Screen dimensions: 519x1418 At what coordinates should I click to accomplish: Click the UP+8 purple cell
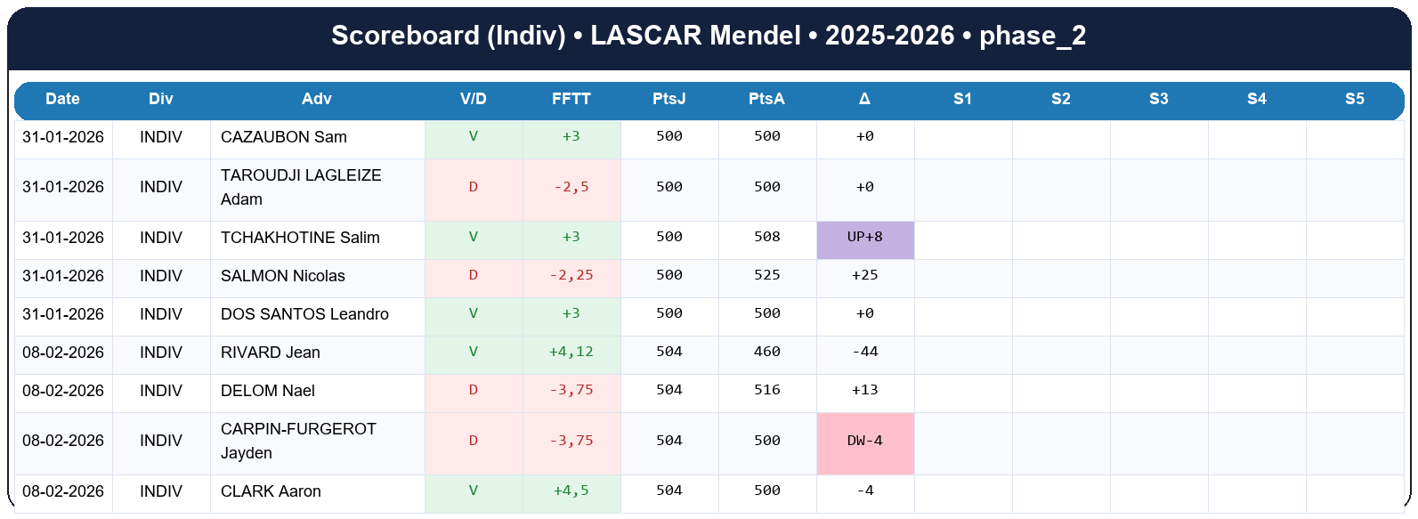864,238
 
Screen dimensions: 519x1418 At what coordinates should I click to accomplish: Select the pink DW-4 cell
864,442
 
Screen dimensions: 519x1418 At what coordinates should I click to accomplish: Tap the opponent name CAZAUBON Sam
284,137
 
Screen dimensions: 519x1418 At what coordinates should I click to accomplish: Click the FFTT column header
571,99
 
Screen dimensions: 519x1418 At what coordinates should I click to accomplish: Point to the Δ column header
864,99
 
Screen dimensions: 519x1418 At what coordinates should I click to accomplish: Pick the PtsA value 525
766,276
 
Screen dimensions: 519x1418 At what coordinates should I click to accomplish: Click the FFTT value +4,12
571,353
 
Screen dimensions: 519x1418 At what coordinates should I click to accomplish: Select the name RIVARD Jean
271,353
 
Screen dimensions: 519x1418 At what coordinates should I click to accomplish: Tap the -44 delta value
864,353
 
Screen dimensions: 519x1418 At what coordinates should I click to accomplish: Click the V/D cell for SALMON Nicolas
473,276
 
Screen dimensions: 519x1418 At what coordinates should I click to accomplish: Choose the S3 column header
1158,99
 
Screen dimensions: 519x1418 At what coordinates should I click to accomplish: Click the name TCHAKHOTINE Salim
300,238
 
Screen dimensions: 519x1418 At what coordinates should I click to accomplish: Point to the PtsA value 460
766,353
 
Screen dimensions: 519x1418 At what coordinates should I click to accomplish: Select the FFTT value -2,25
571,276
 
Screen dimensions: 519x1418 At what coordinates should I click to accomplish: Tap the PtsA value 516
766,391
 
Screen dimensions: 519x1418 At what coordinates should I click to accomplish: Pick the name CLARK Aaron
271,491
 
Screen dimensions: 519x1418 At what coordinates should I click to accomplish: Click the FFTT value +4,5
571,491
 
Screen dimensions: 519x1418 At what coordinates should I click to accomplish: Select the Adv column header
317,99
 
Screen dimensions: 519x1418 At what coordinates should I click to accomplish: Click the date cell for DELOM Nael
63,391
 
